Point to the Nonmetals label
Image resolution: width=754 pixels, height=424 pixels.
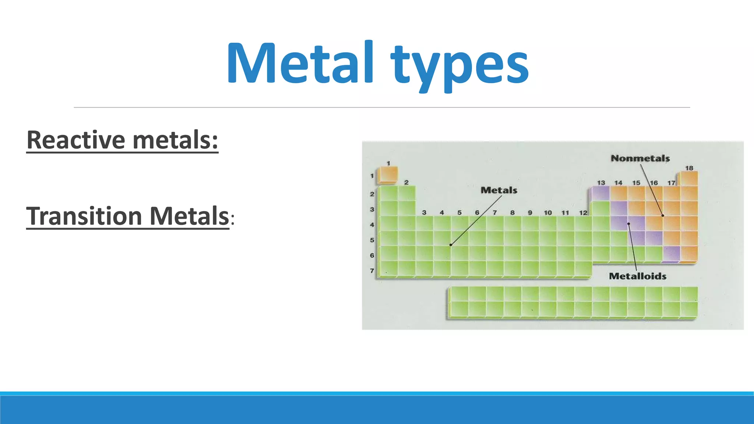[640, 158]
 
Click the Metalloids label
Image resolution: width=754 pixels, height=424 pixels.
[637, 276]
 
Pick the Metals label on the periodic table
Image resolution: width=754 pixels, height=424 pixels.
[499, 190]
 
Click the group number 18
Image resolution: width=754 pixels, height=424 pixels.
[689, 168]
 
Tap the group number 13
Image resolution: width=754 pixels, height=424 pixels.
[601, 183]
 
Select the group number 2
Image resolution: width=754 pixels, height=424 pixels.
[406, 183]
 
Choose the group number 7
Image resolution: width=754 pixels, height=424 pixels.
[495, 213]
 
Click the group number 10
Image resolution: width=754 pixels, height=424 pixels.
[548, 213]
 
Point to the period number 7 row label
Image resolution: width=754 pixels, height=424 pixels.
[372, 271]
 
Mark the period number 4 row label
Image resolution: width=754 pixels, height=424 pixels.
[372, 225]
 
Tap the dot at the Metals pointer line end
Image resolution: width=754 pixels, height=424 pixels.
[451, 245]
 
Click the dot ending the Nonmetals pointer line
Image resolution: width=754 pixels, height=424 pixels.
[663, 216]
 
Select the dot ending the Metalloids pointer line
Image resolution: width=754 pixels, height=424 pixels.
[629, 224]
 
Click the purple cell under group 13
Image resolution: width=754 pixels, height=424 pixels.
[601, 194]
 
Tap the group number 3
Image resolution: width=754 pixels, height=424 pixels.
[424, 213]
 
